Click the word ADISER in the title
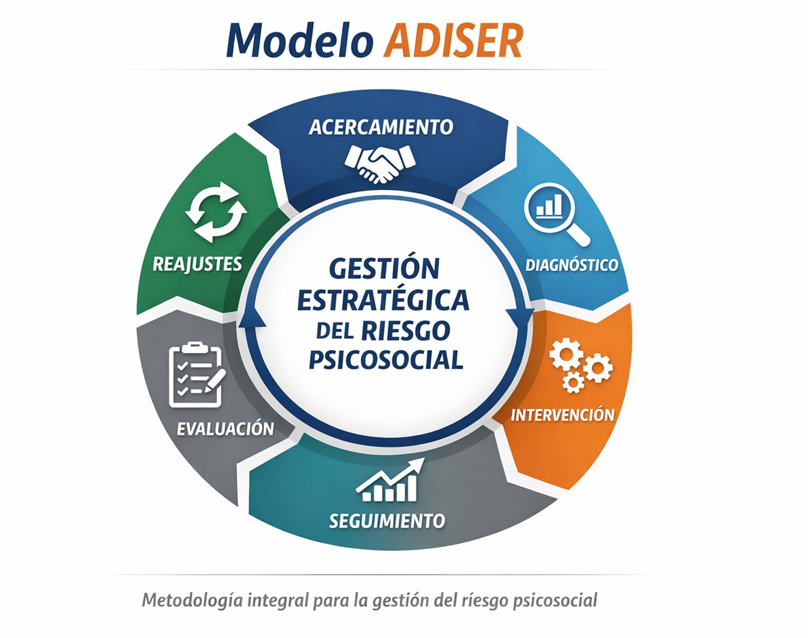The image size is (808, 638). click(453, 41)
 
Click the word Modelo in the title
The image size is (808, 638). click(300, 40)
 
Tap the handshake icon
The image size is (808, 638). click(380, 164)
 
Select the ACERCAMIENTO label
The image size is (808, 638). click(381, 127)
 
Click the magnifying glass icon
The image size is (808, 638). click(555, 214)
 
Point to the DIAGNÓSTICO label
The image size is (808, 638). click(571, 265)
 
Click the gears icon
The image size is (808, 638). click(581, 365)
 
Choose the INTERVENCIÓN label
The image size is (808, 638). click(563, 415)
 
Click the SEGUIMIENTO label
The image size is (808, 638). click(387, 521)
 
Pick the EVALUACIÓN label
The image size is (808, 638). click(225, 429)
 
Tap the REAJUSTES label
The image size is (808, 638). click(197, 264)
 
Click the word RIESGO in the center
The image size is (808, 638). click(406, 330)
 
